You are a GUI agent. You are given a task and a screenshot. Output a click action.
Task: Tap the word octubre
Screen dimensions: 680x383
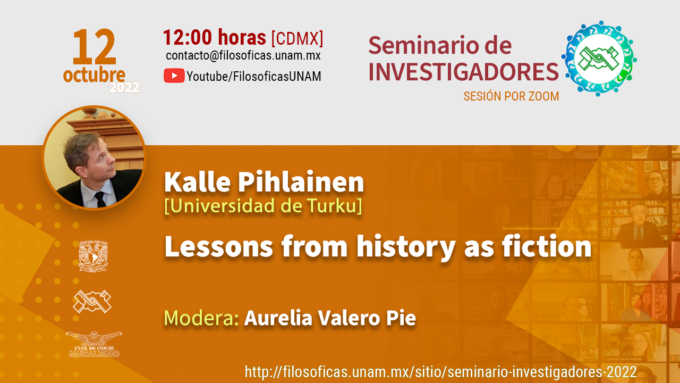[x=94, y=75]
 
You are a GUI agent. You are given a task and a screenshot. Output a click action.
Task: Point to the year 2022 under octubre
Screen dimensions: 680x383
[x=124, y=88]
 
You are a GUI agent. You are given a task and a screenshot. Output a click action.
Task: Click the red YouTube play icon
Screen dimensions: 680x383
[x=174, y=76]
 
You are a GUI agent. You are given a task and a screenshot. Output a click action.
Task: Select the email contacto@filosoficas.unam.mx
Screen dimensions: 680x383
[x=243, y=55]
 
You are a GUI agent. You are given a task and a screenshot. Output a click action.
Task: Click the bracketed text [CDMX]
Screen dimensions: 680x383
[x=297, y=38]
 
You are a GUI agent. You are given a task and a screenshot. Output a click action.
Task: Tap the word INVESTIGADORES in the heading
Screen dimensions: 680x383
[x=463, y=72]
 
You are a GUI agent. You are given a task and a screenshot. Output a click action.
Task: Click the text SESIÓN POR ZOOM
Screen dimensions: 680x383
[x=511, y=96]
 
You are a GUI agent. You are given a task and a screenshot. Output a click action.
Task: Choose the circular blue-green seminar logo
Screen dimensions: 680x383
[x=599, y=59]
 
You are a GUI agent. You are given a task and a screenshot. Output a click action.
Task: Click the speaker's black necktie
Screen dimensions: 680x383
[x=100, y=199]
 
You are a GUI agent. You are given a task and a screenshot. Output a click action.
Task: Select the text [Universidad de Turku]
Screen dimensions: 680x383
[x=263, y=206]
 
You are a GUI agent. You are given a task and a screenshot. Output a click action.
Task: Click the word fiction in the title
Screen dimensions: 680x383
[x=547, y=246]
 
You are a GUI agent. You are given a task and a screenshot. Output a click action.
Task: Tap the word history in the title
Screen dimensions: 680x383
[x=406, y=248]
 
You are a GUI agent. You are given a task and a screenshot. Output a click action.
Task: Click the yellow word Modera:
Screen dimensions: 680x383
[x=201, y=318]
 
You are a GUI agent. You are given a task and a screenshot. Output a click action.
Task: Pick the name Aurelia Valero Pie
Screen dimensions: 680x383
[x=330, y=318]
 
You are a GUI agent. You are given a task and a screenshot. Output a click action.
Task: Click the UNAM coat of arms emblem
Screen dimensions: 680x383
[x=93, y=256]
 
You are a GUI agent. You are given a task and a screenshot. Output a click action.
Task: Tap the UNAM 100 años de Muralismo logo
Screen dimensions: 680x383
[x=94, y=344]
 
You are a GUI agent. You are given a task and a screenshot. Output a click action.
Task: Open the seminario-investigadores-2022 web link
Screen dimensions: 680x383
[x=441, y=372]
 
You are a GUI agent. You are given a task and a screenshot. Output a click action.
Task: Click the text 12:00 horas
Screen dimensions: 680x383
[x=214, y=37]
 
